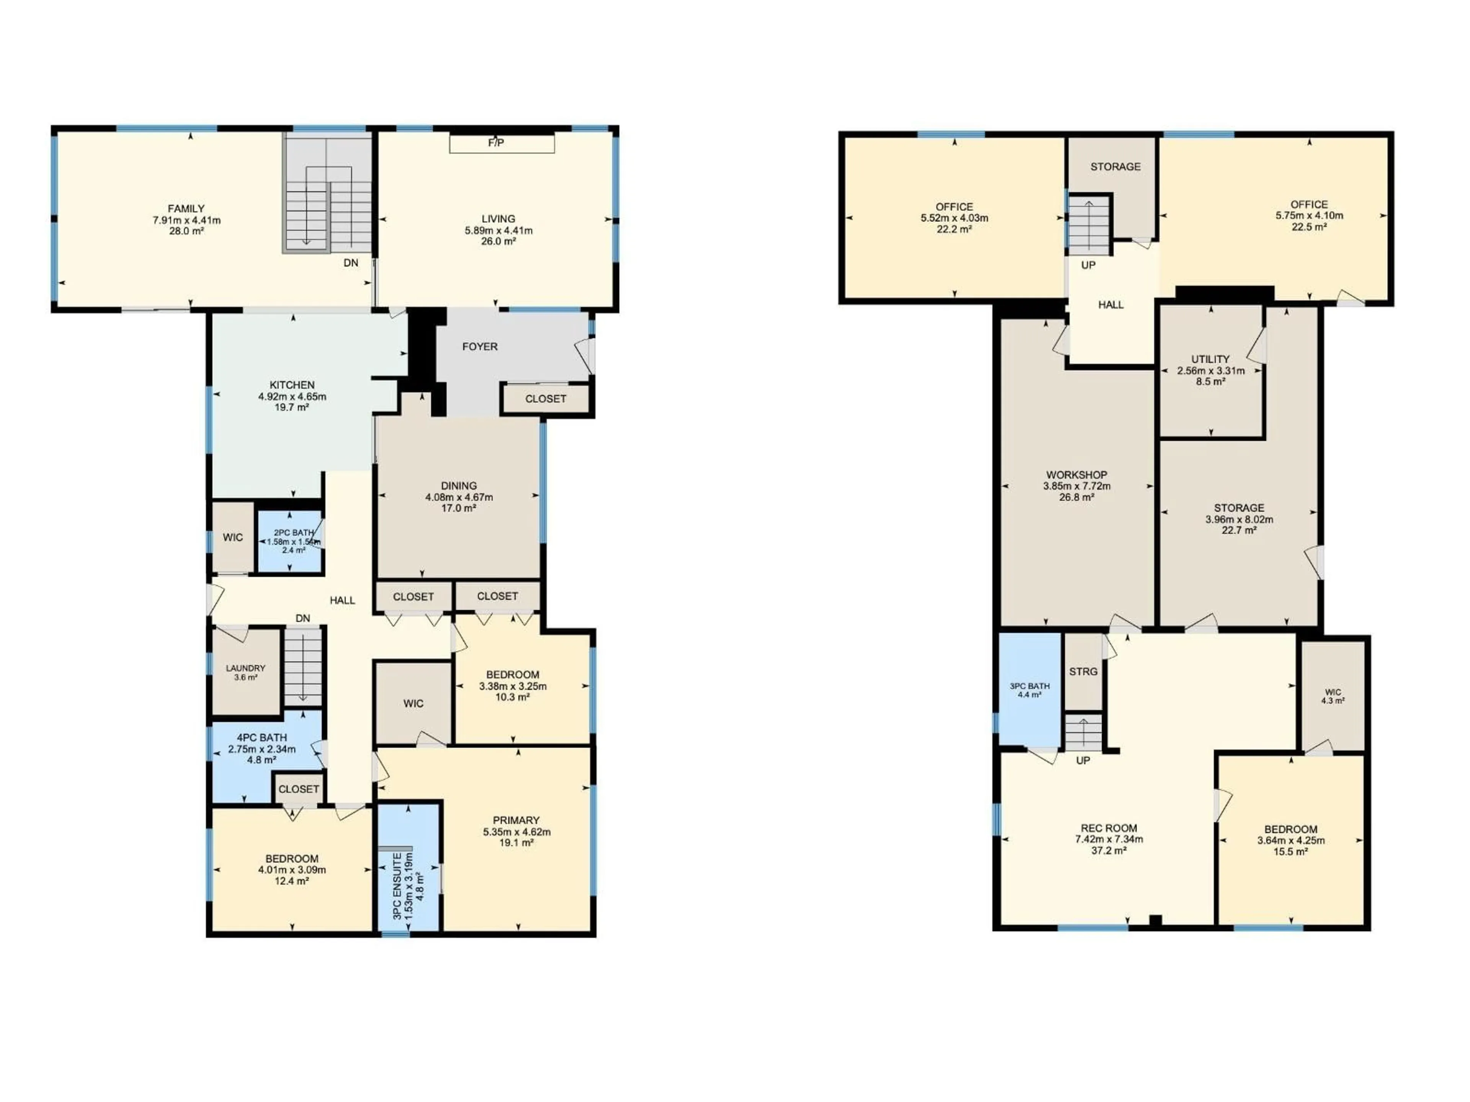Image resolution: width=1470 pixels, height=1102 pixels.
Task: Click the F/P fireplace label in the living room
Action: tap(496, 143)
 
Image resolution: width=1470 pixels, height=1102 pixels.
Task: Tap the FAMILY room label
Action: tap(186, 209)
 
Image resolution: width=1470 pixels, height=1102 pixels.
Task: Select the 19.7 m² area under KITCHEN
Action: tap(292, 407)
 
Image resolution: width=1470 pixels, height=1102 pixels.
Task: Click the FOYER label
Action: tap(480, 347)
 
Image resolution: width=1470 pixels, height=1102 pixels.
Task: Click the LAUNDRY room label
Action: tap(245, 668)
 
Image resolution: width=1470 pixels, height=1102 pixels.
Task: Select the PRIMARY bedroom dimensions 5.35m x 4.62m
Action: tap(516, 831)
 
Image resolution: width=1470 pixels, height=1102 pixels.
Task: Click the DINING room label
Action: tap(459, 486)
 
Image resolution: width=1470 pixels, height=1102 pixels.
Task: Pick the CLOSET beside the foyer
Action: tap(546, 399)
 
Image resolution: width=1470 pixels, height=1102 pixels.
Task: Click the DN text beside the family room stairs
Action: tap(351, 263)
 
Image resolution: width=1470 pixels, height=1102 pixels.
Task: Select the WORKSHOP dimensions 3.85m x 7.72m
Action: tap(1076, 486)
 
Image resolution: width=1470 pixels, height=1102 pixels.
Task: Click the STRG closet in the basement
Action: tap(1083, 672)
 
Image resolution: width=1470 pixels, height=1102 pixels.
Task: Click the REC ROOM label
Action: tap(1109, 828)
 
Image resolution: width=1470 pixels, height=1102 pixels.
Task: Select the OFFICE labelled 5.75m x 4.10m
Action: tap(1309, 215)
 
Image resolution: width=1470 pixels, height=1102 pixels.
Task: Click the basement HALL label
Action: tap(1111, 305)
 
